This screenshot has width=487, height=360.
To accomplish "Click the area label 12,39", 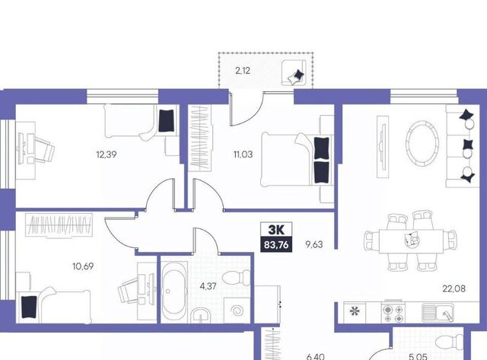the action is (107, 155).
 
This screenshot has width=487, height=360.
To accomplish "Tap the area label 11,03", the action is (243, 155).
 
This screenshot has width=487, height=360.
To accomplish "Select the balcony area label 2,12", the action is (243, 71).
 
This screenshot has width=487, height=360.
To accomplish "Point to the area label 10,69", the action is (83, 266).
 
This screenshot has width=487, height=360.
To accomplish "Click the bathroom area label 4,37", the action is (208, 286).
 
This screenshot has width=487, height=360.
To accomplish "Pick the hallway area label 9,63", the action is (314, 244).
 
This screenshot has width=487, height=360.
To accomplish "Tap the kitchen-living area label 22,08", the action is (454, 288).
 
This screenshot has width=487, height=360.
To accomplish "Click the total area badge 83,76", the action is (276, 245).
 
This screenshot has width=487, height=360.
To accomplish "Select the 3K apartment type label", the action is (276, 230).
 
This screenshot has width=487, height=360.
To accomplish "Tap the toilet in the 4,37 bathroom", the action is (237, 277).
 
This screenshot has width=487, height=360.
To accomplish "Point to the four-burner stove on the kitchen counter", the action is (393, 312).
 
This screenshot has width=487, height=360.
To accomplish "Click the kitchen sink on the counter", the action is (438, 312).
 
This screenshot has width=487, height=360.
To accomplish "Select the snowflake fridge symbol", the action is (354, 311).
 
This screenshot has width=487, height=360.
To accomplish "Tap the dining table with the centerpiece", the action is (411, 241).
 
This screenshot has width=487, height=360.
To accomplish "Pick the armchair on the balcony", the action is (294, 73).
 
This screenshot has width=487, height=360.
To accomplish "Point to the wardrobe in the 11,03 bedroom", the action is (200, 138).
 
